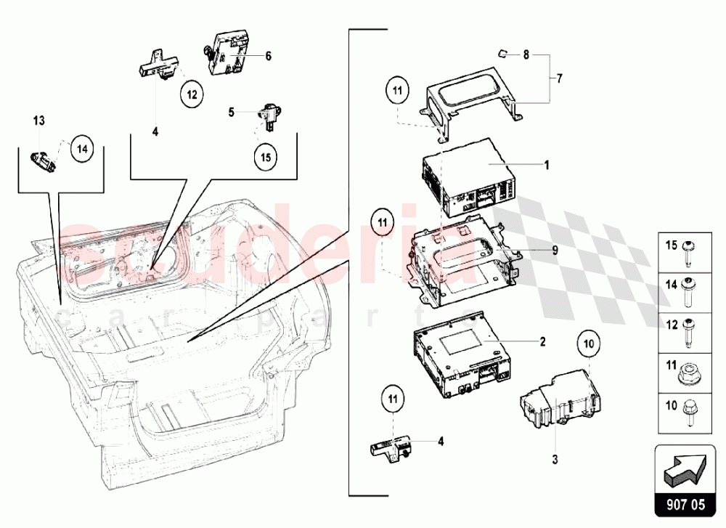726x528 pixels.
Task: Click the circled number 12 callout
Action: pos(192,94)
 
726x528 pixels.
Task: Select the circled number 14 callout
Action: pos(83,149)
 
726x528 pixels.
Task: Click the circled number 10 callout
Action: pos(588,342)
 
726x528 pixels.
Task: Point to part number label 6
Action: pos(268,55)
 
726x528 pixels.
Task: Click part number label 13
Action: pos(39,119)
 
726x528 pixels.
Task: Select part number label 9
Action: pos(554,251)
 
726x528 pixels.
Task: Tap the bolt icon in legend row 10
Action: pos(687,413)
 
